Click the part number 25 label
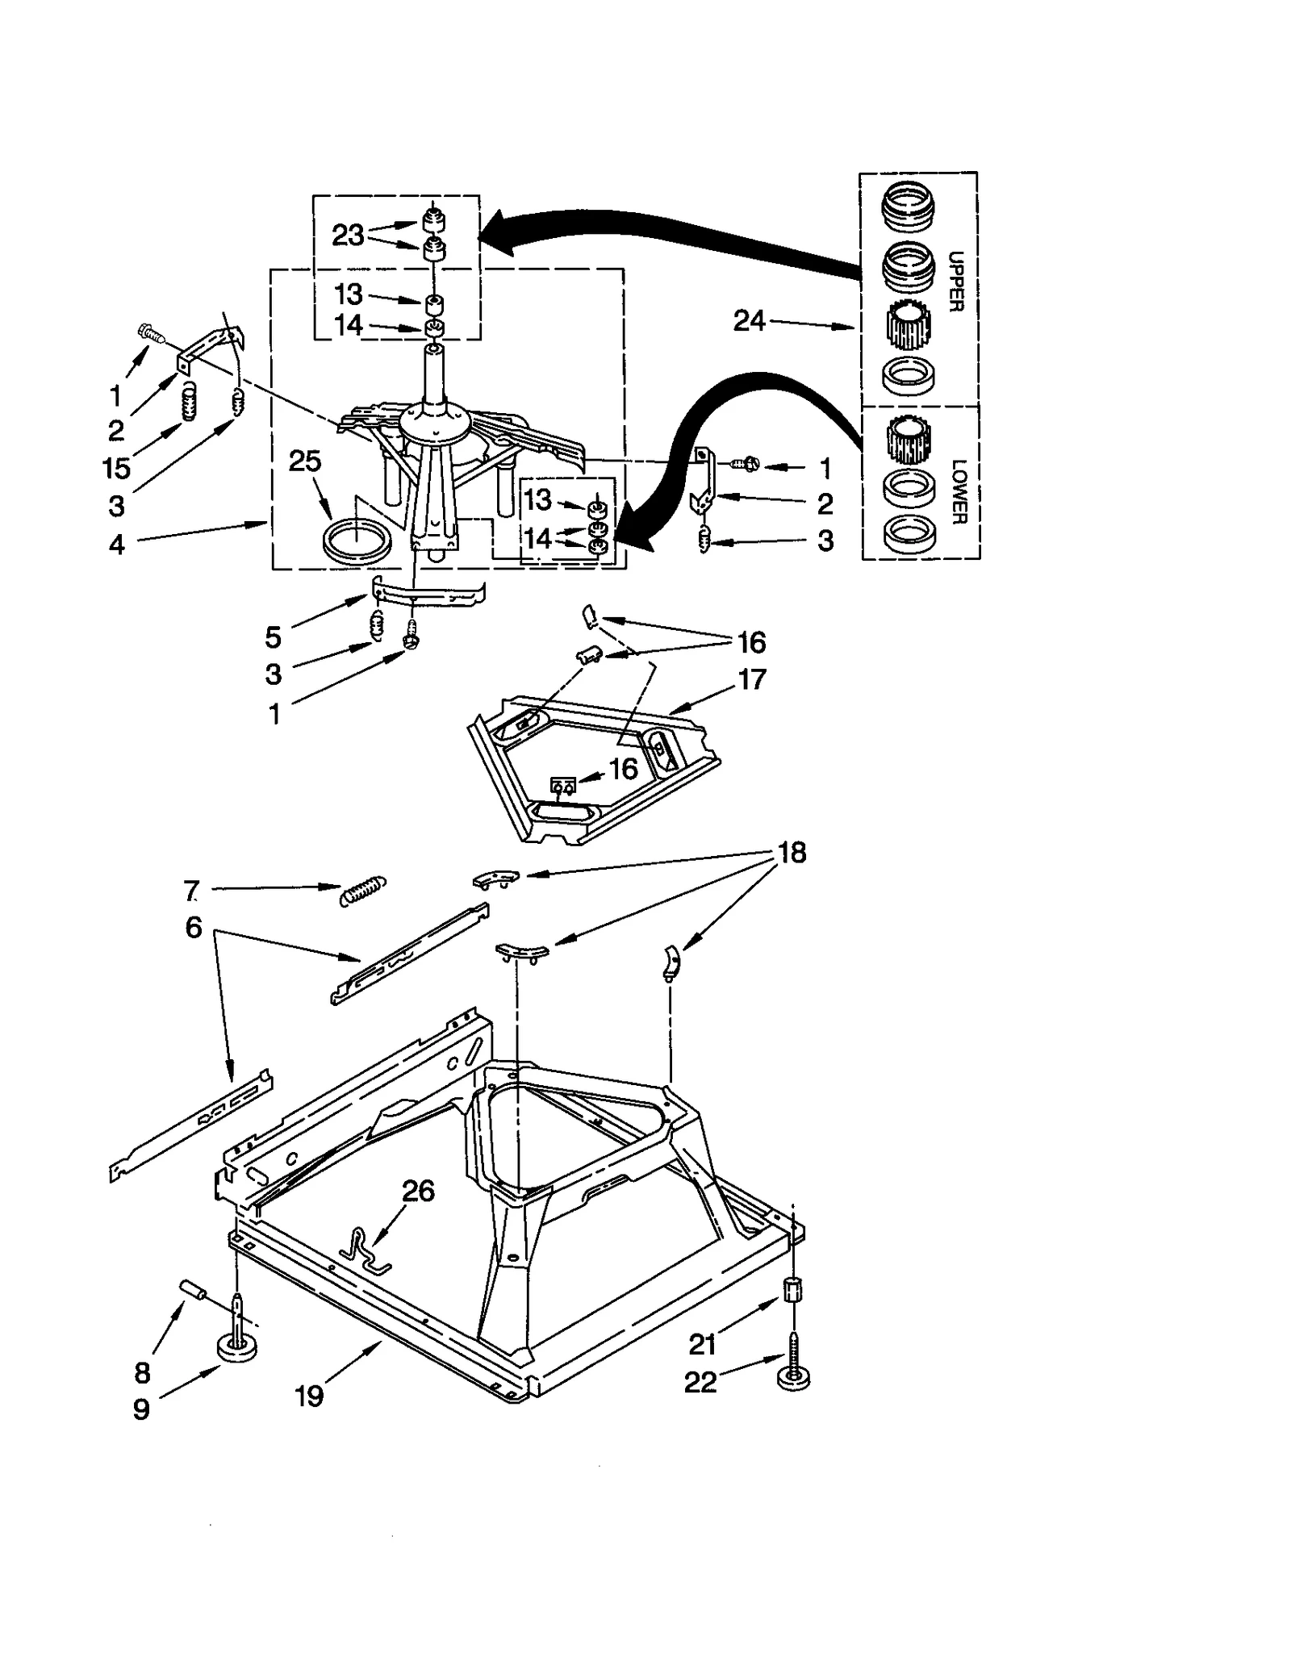[x=305, y=461]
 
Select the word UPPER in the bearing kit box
[x=955, y=282]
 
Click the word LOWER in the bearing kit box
[x=958, y=491]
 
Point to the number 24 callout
[x=749, y=321]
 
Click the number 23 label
[x=348, y=235]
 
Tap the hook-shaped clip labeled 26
[x=363, y=1250]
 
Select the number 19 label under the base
[x=309, y=1396]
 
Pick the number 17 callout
[x=751, y=679]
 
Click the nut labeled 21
[x=792, y=1288]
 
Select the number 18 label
[x=792, y=852]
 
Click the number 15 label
[x=116, y=467]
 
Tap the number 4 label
[x=117, y=545]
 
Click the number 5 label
[x=273, y=637]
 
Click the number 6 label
[x=194, y=927]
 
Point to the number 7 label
[x=190, y=891]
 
